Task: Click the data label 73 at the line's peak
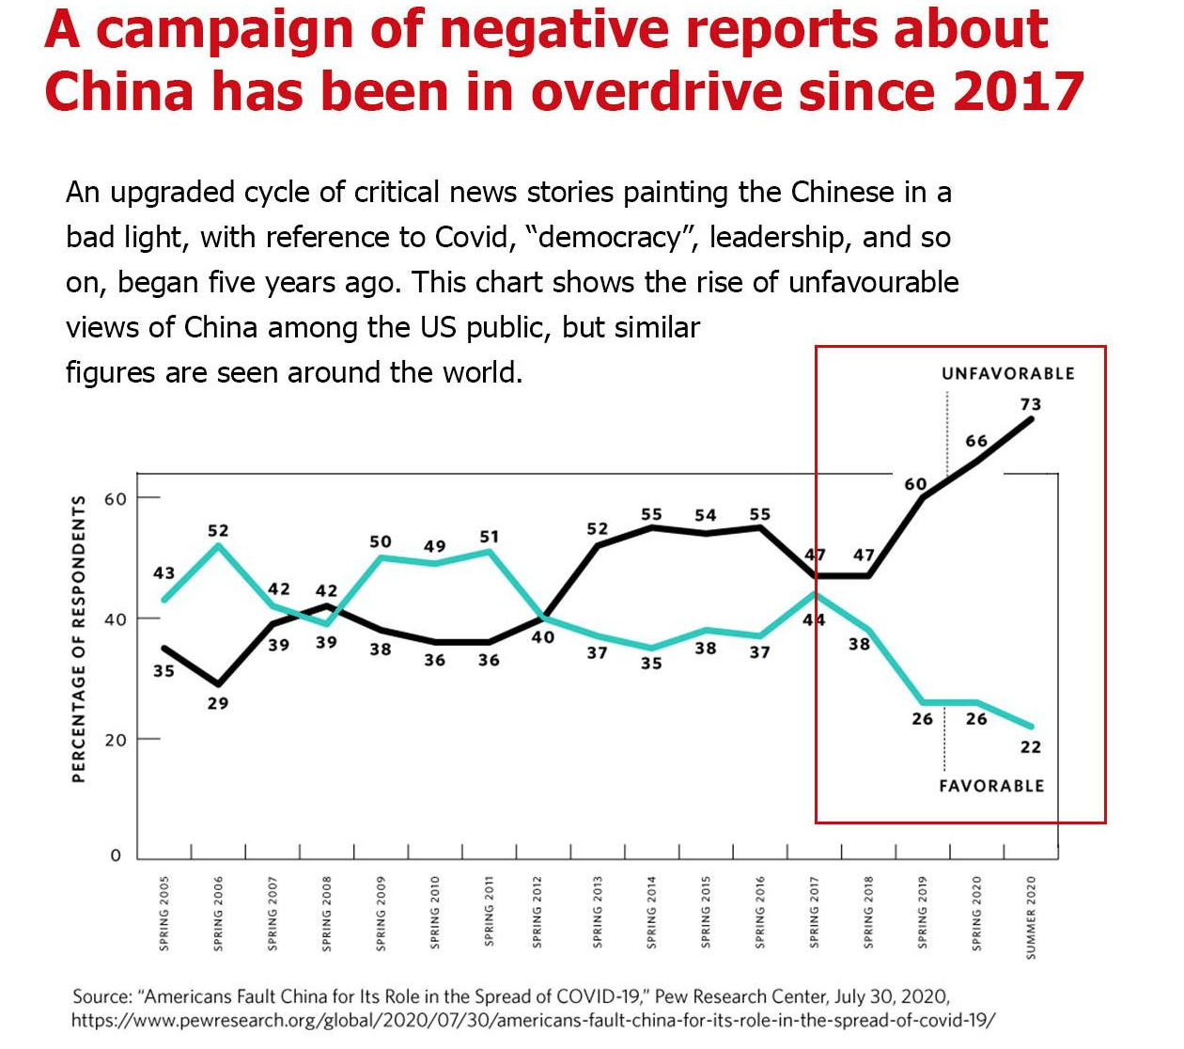tap(1030, 405)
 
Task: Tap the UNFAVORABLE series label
tap(1007, 374)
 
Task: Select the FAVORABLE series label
tap(991, 786)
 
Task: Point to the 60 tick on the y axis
tap(115, 499)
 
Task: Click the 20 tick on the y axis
tap(115, 741)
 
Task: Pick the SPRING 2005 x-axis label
tap(164, 913)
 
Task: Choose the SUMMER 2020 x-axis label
tap(1031, 916)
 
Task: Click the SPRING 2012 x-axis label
tap(537, 913)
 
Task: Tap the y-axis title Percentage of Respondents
tap(79, 639)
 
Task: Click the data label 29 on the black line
tap(217, 703)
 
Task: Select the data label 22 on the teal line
tap(1030, 747)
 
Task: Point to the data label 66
tap(976, 441)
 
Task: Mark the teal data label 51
tap(489, 537)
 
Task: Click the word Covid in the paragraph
tap(475, 237)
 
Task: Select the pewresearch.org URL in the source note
tap(533, 1020)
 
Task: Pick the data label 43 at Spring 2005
tap(164, 572)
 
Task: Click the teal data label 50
tap(380, 541)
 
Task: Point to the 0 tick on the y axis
tap(116, 855)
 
